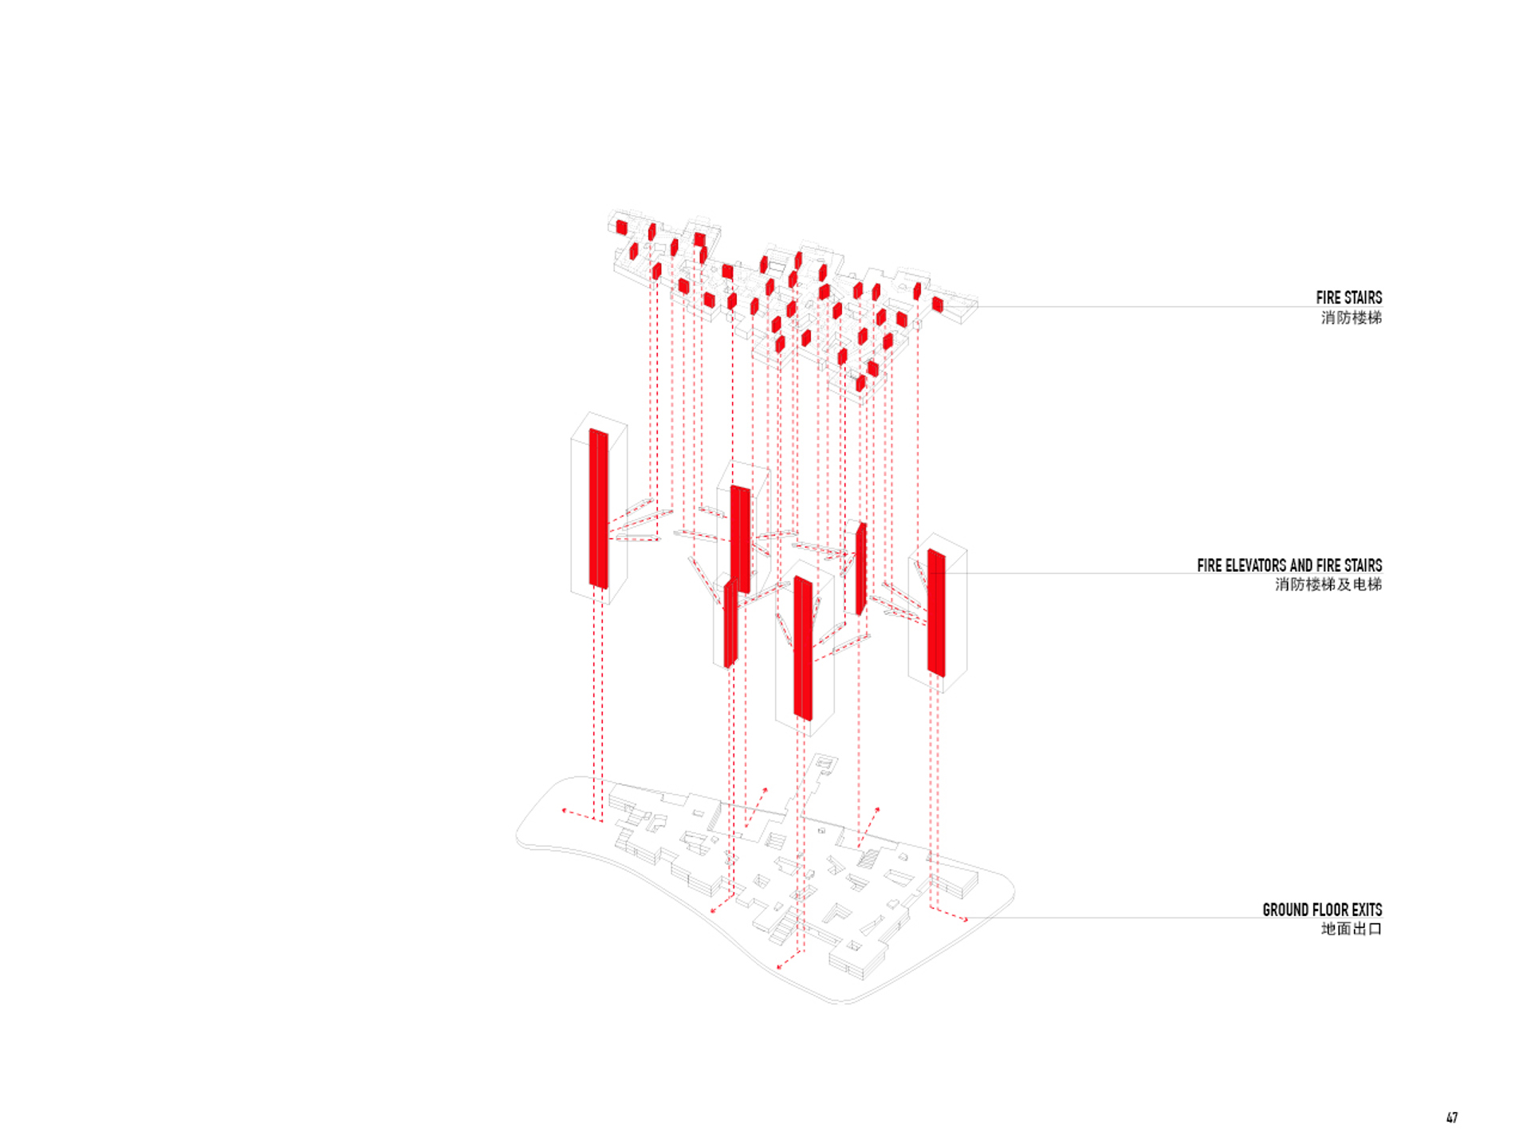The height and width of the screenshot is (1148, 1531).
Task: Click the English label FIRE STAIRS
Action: (1348, 297)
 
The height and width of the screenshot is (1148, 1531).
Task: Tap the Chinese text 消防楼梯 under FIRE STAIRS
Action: (1351, 317)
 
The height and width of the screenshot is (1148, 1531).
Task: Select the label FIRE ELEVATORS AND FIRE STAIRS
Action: (1289, 565)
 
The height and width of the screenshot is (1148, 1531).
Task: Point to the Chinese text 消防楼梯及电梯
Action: (1328, 584)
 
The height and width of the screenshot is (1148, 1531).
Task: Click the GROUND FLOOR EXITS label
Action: (1322, 910)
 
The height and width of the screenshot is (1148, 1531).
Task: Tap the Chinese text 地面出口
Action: (1351, 929)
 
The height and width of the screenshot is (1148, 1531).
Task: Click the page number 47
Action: (1452, 1118)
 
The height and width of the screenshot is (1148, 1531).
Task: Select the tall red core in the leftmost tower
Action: (599, 509)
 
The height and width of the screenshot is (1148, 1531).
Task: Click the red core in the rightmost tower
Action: (936, 613)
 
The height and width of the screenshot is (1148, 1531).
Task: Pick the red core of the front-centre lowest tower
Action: (803, 649)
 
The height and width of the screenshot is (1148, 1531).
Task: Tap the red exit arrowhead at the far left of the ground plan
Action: (565, 811)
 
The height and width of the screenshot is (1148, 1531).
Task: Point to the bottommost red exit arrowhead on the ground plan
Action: (780, 967)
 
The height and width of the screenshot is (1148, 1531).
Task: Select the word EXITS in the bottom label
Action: (1367, 910)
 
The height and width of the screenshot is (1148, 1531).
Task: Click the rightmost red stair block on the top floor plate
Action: (937, 304)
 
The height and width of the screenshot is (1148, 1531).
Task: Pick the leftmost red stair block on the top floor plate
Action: (622, 227)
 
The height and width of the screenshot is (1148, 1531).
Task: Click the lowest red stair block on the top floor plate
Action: (860, 384)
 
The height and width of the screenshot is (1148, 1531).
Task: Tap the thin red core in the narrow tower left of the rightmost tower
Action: (860, 568)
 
